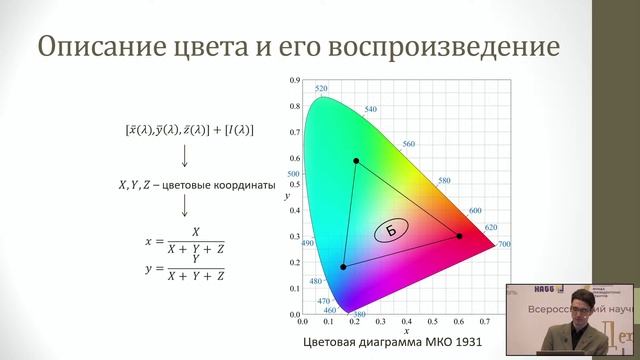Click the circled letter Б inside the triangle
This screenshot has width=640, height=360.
(x=391, y=232)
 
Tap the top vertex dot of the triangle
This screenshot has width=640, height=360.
(x=355, y=160)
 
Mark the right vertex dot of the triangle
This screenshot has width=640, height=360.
(x=459, y=236)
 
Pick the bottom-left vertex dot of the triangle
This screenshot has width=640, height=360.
(x=343, y=267)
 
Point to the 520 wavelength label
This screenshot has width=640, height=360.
(x=321, y=89)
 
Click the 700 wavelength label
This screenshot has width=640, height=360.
(x=504, y=244)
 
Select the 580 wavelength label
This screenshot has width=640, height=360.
(x=445, y=181)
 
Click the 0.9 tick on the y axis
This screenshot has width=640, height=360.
(x=294, y=79)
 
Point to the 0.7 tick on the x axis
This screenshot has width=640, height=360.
(x=484, y=322)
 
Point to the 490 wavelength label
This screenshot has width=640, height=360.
(x=307, y=243)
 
